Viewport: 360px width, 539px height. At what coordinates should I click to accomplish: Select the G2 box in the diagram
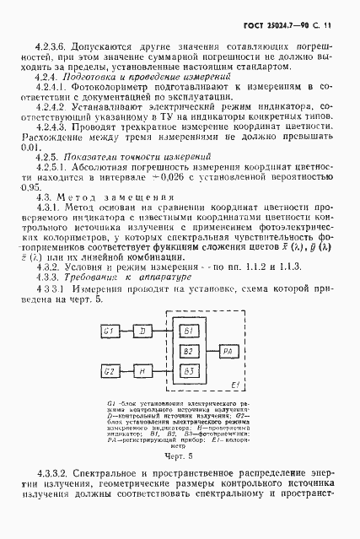coord(109,369)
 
